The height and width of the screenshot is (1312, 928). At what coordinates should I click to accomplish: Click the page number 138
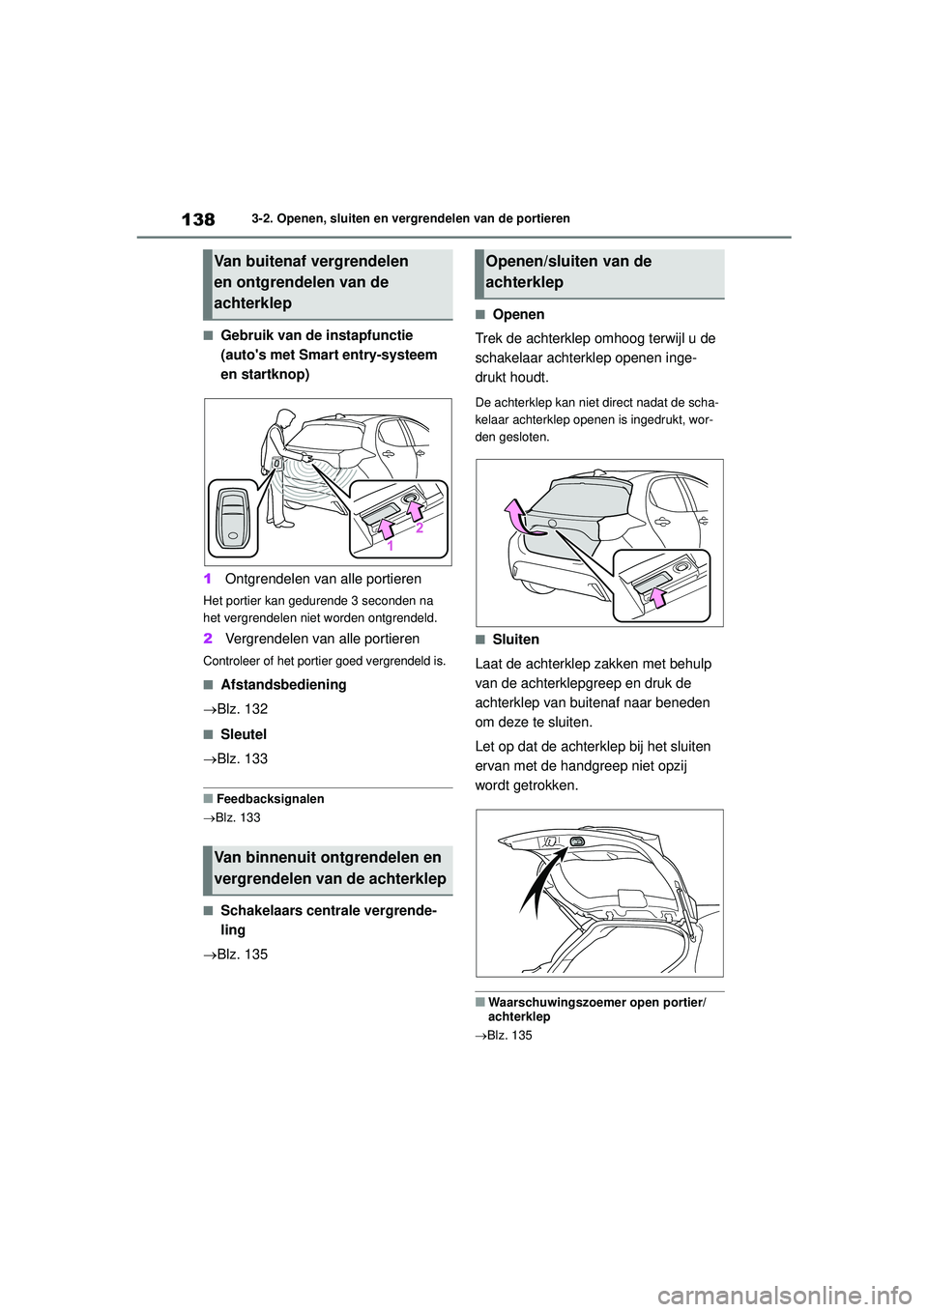[x=198, y=219]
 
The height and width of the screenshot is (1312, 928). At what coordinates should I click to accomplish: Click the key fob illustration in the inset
[x=233, y=518]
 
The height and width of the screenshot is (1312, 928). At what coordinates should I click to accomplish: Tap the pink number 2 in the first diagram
[x=420, y=528]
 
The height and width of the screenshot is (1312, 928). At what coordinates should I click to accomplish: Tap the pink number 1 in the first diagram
[x=391, y=546]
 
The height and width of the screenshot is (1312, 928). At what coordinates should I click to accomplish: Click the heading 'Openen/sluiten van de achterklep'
[x=568, y=271]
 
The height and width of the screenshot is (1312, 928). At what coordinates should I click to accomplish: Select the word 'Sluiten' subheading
[x=515, y=640]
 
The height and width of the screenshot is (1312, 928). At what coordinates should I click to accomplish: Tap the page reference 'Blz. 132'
[x=242, y=708]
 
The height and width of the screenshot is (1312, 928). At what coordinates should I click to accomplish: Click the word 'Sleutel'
[x=244, y=734]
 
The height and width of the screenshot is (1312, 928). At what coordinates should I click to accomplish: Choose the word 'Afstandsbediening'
[x=283, y=684]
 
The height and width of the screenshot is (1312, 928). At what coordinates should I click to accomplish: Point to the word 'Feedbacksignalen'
[x=270, y=799]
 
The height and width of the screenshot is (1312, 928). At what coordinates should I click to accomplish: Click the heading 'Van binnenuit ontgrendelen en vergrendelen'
[x=330, y=868]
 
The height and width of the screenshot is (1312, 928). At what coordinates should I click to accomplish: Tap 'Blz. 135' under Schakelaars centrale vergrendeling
[x=242, y=954]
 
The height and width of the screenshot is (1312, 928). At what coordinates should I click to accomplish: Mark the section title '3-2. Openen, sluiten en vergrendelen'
[x=410, y=218]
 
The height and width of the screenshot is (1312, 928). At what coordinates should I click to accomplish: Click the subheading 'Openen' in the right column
[x=518, y=314]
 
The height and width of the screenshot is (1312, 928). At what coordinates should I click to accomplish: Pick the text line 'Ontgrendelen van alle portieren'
[x=323, y=579]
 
